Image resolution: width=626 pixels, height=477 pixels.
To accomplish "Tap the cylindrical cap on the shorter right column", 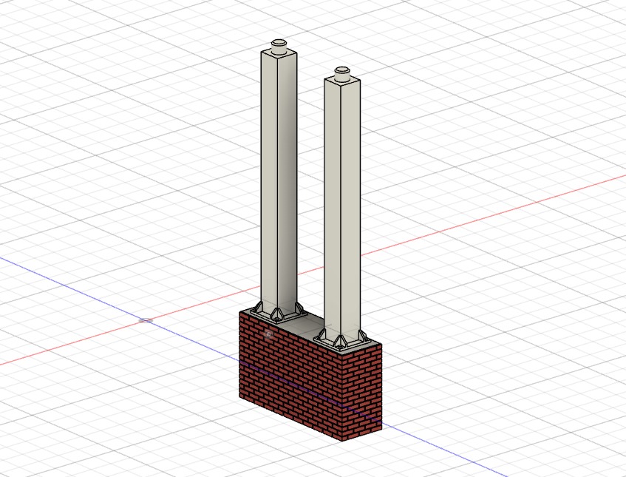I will tap(342, 73).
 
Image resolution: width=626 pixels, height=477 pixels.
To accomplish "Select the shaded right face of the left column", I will tap(288, 177).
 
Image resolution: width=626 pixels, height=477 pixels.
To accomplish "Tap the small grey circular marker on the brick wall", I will tap(268, 335).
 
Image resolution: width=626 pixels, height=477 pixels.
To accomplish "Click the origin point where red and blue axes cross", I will tap(146, 320).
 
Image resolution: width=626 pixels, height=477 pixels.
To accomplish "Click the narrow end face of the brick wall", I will tap(362, 392).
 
